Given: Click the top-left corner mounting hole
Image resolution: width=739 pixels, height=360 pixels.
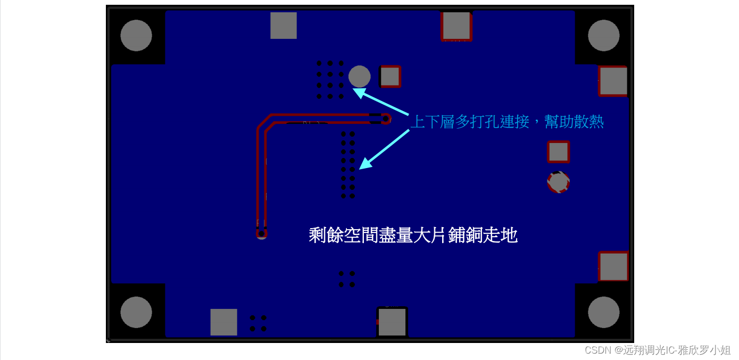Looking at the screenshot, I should [x=136, y=36].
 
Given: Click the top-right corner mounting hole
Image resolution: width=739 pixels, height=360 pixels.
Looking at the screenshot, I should [x=603, y=36].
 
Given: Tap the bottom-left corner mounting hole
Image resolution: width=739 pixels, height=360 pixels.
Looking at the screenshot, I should [x=136, y=312].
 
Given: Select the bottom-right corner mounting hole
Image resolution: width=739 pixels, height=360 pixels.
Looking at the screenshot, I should [x=603, y=312].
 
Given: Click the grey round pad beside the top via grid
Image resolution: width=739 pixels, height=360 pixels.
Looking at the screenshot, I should [x=359, y=77].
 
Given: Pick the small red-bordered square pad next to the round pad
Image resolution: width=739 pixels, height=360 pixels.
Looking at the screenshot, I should [x=390, y=76].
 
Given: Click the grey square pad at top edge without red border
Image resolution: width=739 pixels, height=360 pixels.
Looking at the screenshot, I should [x=284, y=26].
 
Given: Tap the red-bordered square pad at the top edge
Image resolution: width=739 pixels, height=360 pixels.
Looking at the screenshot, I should [x=456, y=26].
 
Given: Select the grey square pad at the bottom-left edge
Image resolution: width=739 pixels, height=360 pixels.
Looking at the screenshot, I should [x=223, y=322].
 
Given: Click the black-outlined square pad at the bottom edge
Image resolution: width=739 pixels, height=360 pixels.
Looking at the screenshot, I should [x=392, y=322].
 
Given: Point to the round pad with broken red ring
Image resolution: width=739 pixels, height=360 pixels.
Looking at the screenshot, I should [x=559, y=182].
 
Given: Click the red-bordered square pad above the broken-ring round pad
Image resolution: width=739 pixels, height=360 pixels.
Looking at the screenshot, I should [x=559, y=152].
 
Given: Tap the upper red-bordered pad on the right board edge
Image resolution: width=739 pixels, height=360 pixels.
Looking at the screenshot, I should [x=613, y=81].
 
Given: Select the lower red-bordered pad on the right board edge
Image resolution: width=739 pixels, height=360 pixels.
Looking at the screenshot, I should [x=613, y=266].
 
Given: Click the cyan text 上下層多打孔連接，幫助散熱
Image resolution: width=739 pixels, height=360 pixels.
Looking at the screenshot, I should [x=507, y=122].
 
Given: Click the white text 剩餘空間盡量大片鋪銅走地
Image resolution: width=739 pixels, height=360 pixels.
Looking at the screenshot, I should [x=413, y=235].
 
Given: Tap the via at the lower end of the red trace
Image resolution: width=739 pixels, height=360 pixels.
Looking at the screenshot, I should [x=261, y=233].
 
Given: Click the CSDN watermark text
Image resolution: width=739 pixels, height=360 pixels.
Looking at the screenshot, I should [x=658, y=350].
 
